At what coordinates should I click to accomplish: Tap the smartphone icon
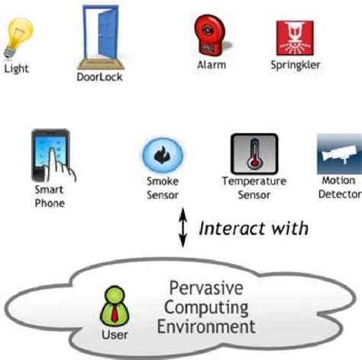click(x=50, y=154)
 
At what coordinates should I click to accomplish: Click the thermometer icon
click(x=254, y=154)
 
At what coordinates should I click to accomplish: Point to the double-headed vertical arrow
click(x=182, y=229)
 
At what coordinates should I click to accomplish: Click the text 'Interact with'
click(x=254, y=228)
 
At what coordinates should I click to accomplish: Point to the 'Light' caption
click(x=17, y=68)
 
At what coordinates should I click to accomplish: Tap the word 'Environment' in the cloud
click(x=208, y=326)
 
